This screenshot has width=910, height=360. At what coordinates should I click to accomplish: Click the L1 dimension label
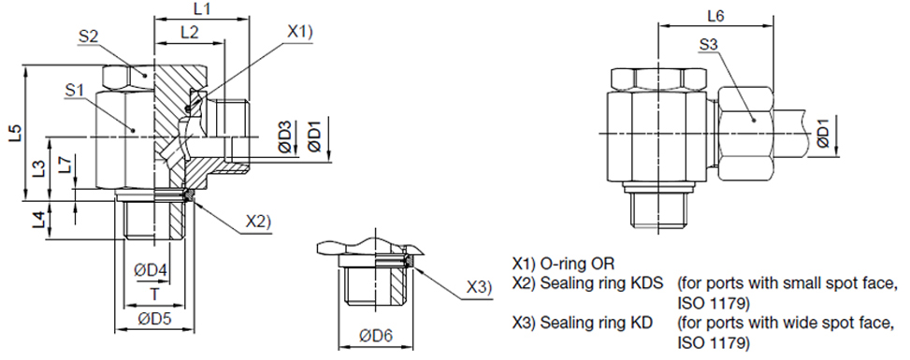(201, 9)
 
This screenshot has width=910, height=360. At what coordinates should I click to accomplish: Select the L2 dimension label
(189, 33)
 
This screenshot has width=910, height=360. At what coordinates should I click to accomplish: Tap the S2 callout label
(88, 36)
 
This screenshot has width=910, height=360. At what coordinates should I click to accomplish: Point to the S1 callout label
(75, 90)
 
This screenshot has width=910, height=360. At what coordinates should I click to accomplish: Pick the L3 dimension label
(39, 169)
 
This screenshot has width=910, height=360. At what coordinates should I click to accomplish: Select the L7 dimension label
(66, 165)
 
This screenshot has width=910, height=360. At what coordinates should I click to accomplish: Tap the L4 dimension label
(38, 220)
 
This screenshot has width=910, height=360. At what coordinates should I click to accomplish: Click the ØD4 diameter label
(151, 270)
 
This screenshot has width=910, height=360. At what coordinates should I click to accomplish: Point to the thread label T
(155, 295)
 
